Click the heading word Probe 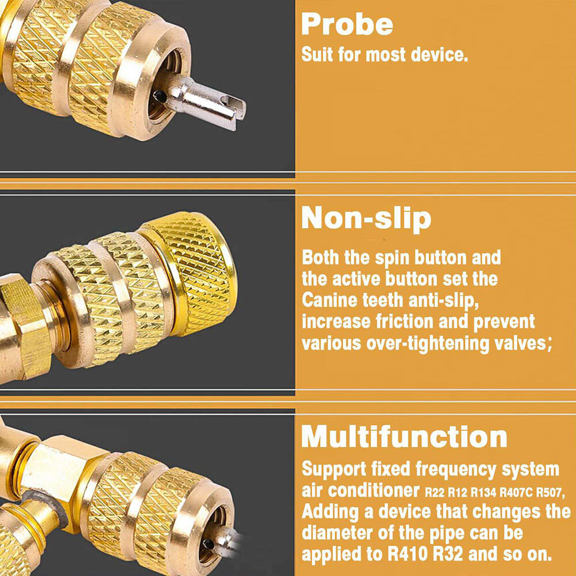pyautogui.click(x=347, y=25)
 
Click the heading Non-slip pyautogui.click(x=366, y=218)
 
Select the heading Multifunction pyautogui.click(x=404, y=437)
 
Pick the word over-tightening pyautogui.click(x=427, y=343)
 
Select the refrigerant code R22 pyautogui.click(x=434, y=492)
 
